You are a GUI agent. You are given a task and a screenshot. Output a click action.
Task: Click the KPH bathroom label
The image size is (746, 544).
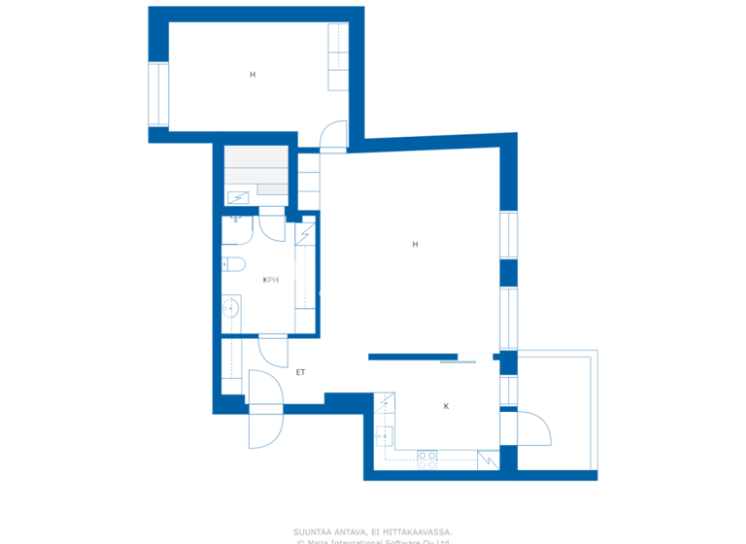tap(271, 280)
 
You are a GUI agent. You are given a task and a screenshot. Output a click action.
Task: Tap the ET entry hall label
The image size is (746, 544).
tap(300, 372)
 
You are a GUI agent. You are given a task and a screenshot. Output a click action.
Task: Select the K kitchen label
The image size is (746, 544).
tap(446, 406)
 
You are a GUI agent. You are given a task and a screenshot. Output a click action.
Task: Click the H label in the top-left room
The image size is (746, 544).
tap(253, 75)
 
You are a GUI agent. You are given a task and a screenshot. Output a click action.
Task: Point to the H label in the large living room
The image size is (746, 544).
tap(415, 245)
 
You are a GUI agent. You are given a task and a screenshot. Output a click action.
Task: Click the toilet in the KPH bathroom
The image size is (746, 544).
tap(233, 263)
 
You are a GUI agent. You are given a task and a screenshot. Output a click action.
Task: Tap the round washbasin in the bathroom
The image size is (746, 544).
tap(230, 308)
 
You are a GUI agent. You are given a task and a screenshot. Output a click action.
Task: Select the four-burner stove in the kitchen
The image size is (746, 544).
tap(427, 459)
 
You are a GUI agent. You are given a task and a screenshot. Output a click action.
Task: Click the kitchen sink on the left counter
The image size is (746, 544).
tap(385, 433)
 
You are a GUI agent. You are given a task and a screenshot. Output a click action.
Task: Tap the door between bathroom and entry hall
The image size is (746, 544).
tap(273, 350)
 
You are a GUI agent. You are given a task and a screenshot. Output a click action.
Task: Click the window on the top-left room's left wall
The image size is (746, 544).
tap(158, 94)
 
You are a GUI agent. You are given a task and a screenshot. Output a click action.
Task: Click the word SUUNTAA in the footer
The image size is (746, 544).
tap(312, 531)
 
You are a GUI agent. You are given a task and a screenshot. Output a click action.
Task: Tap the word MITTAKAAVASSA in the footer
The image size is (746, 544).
tap(418, 531)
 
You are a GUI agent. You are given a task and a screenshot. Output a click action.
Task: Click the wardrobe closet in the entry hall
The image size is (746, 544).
tap(230, 365)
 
